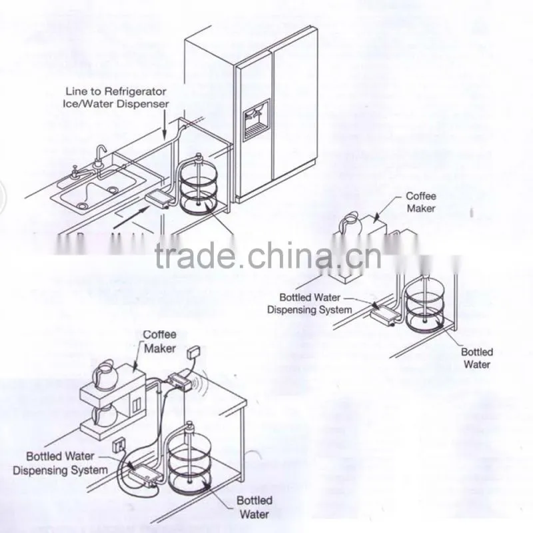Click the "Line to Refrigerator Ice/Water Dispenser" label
tap(115, 97)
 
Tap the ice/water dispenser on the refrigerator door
tap(257, 120)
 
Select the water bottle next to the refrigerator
tap(198, 185)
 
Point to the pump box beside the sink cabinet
tap(159, 199)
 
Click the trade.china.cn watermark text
tap(268, 255)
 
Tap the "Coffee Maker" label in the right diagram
tap(421, 203)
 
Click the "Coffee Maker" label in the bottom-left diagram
tap(159, 341)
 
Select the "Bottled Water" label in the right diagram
tap(477, 358)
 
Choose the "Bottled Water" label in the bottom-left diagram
tap(255, 507)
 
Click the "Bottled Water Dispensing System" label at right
tap(309, 304)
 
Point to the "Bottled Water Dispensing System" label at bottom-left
tap(60, 463)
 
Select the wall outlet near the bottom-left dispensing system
tap(119, 445)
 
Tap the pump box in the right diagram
tap(384, 315)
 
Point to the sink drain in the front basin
tap(82, 205)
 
